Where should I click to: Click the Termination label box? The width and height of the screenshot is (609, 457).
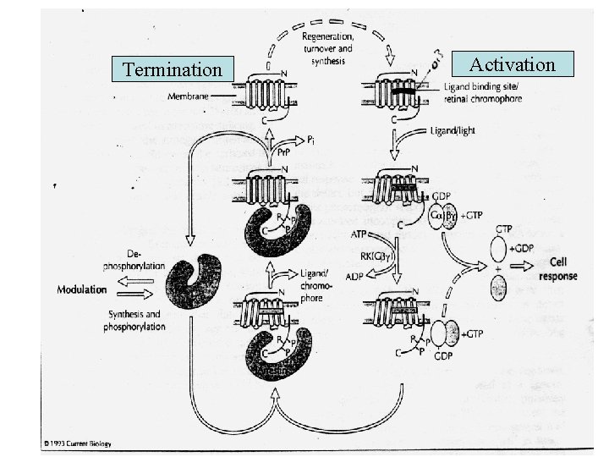click(173, 69)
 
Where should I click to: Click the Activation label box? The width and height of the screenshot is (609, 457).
click(513, 65)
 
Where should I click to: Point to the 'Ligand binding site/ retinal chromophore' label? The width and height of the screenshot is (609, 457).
click(481, 94)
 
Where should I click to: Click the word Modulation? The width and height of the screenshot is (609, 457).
click(81, 289)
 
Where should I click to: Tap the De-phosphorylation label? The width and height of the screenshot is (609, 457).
click(134, 259)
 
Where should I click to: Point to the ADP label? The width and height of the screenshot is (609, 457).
click(356, 275)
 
